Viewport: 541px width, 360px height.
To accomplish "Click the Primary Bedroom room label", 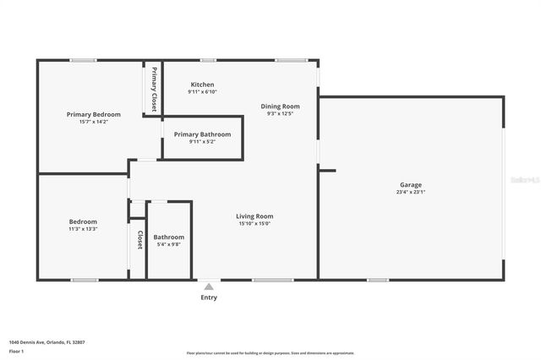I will [94, 114].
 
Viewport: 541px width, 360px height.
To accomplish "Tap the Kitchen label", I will [202, 85].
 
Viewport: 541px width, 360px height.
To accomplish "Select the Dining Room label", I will [280, 106].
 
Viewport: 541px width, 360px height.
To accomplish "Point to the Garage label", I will [411, 184].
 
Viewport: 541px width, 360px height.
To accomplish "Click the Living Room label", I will [254, 216].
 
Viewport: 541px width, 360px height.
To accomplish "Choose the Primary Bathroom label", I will [202, 134].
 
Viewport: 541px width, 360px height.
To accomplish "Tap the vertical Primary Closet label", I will [154, 89].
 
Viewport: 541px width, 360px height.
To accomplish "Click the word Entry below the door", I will [209, 297].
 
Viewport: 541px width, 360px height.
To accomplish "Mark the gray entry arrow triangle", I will [209, 287].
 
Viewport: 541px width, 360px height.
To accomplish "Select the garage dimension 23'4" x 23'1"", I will [411, 192].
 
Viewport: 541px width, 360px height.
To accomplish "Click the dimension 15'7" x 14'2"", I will [94, 122].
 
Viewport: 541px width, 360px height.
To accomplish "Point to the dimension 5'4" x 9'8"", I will [169, 245].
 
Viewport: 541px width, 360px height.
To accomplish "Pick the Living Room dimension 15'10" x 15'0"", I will [254, 224].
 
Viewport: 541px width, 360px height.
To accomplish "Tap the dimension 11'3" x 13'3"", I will [83, 229].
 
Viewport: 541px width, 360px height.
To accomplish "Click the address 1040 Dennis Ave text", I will [46, 342].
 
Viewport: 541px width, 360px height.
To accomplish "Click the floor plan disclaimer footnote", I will [270, 353].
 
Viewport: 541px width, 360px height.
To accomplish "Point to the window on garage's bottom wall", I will [378, 280].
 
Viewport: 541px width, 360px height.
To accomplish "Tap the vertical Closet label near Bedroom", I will [139, 240].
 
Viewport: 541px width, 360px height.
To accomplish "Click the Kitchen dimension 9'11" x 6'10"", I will [202, 92].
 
